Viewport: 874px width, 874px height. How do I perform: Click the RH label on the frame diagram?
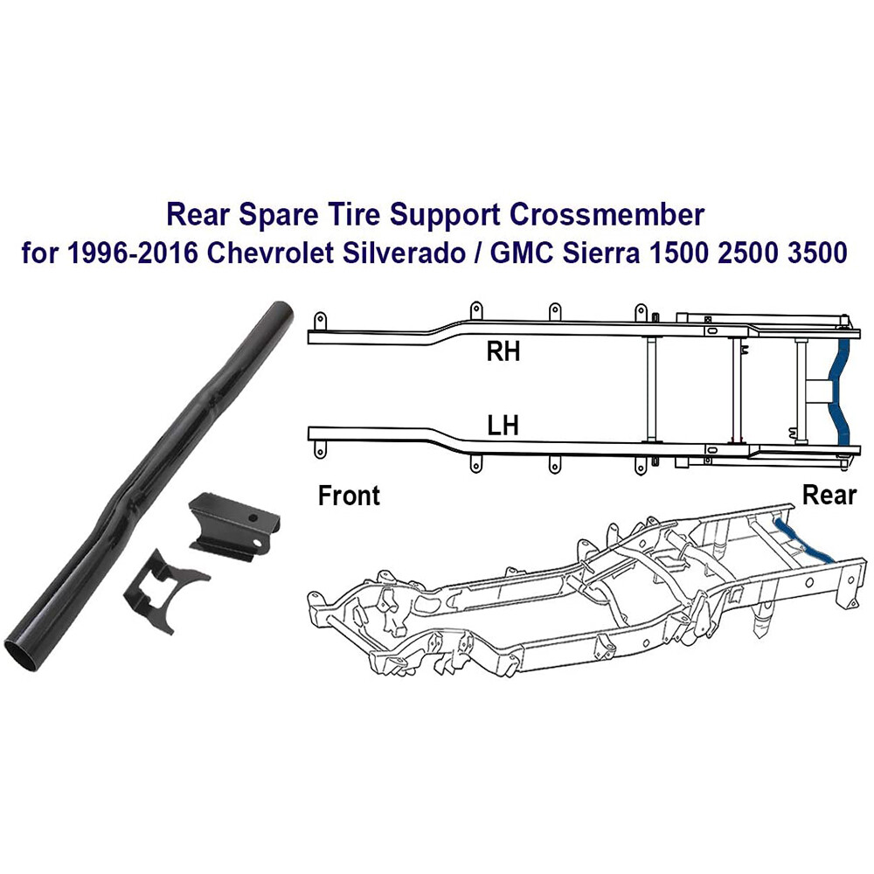click(504, 352)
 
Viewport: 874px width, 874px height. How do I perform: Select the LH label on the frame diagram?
click(503, 426)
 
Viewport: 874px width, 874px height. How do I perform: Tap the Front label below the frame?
click(349, 496)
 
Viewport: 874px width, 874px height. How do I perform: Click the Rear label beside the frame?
click(829, 496)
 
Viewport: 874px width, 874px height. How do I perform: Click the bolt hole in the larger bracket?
click(253, 518)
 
